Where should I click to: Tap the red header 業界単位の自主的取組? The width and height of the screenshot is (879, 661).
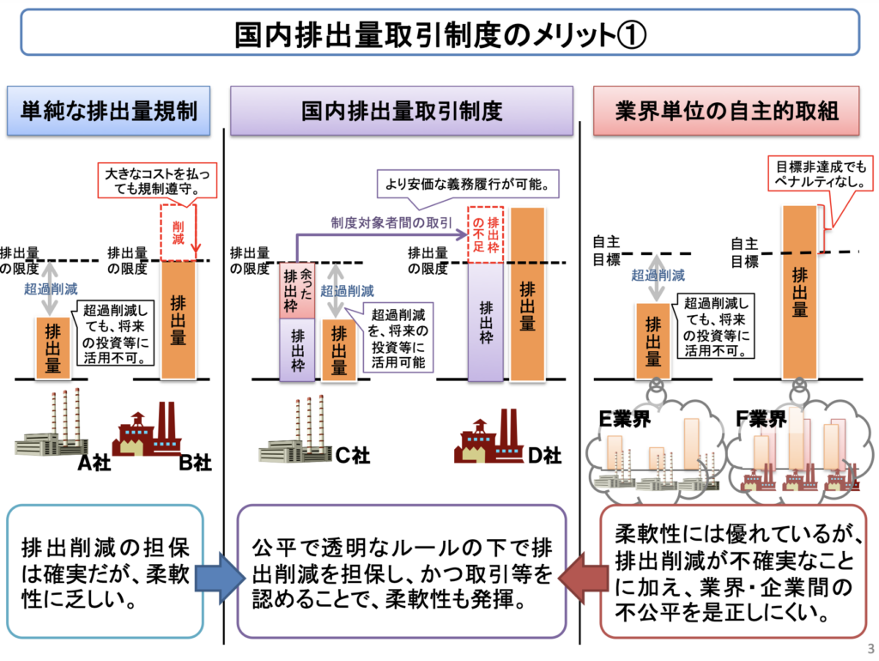click(x=727, y=111)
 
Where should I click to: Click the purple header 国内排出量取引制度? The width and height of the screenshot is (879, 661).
click(x=402, y=111)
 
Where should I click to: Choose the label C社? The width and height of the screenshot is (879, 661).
click(x=352, y=456)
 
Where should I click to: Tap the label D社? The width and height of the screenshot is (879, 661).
click(x=544, y=456)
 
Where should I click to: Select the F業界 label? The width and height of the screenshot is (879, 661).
click(x=761, y=420)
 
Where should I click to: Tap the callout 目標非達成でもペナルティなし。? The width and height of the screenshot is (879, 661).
click(x=816, y=173)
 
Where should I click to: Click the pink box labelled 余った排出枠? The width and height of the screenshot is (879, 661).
click(x=297, y=291)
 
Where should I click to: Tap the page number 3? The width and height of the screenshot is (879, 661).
click(x=870, y=648)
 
